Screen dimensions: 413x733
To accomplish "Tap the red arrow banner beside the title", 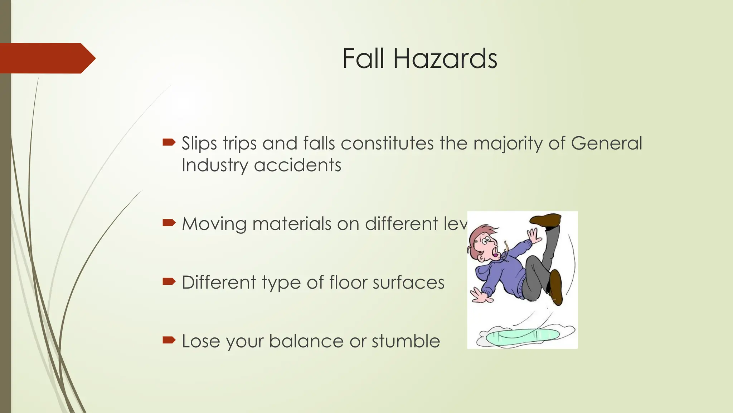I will tap(47, 58).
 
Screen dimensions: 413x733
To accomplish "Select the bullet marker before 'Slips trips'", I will tap(169, 143).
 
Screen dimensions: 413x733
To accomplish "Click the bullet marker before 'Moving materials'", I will tap(169, 223).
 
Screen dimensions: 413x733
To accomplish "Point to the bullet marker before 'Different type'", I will tap(169, 281).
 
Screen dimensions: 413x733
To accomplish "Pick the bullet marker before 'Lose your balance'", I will tap(169, 340).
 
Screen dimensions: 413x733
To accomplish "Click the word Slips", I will tap(199, 143).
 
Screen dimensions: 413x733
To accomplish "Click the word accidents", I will tap(297, 165).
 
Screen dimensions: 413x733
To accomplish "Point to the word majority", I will tap(508, 143).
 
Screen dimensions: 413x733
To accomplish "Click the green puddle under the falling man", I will tap(523, 336).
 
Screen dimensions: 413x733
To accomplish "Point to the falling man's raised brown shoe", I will tap(546, 219).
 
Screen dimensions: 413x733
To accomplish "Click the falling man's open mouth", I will tap(496, 255).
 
